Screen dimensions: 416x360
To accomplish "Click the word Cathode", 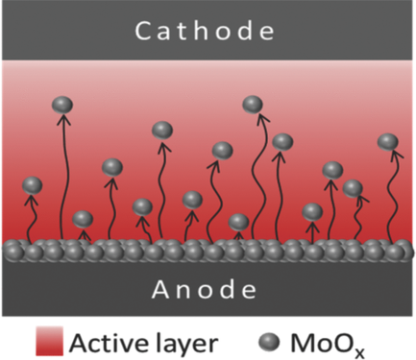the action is coord(207,31).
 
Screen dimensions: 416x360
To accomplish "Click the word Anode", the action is coord(207,289).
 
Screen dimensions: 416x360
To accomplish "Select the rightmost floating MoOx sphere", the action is coord(387,142).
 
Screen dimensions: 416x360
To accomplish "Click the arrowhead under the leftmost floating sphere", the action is coord(33,199).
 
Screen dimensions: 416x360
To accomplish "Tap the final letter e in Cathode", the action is coord(273,32).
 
